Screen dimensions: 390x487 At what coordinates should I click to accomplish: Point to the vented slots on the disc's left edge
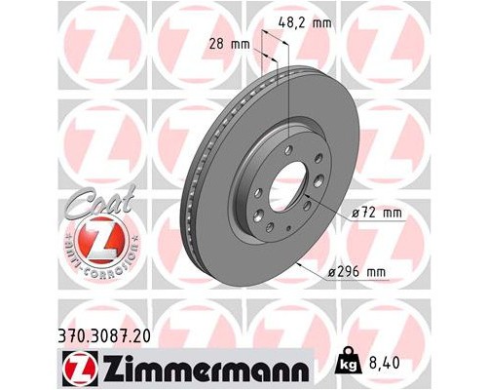tap(189, 195)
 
